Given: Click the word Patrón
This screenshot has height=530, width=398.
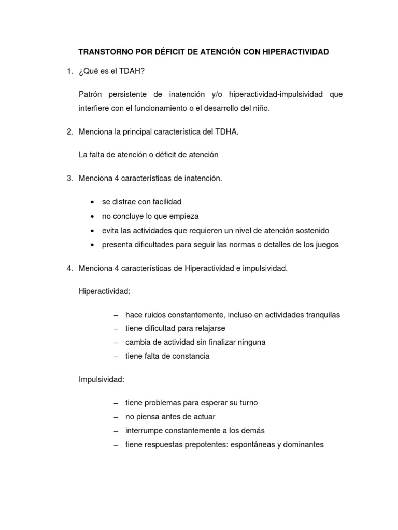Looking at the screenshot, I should tap(91, 94).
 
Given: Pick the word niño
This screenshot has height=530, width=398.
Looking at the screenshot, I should tap(260, 108).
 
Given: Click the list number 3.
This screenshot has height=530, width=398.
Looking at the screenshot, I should tap(69, 179).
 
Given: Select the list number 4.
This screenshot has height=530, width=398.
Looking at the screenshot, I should tap(69, 268).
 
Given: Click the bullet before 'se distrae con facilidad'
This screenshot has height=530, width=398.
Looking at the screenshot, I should tap(92, 201).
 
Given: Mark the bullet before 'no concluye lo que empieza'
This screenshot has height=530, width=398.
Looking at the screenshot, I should tap(92, 216).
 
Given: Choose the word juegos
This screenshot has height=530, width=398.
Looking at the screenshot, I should tap(326, 245).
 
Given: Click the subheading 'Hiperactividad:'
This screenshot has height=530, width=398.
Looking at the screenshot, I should tap(105, 291).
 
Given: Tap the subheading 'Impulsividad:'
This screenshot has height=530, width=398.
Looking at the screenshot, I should tap(102, 379).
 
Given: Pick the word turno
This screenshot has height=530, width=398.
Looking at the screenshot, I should tap(246, 402).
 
